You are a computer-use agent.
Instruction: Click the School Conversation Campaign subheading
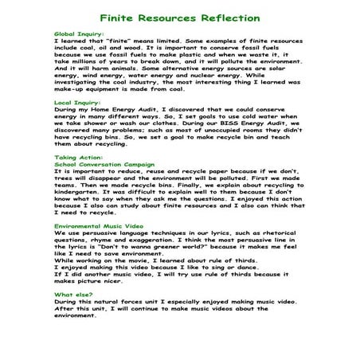(x=100, y=163)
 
